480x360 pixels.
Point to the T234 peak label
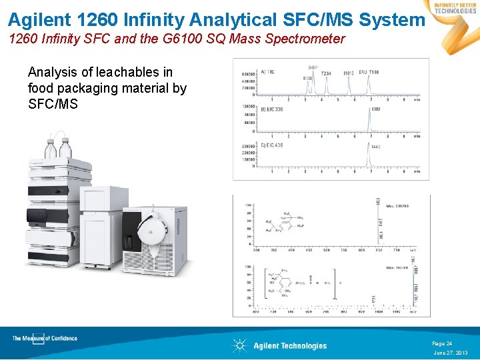[x=326, y=73]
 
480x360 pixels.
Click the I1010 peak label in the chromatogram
[x=348, y=73]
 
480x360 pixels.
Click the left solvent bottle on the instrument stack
[x=51, y=147]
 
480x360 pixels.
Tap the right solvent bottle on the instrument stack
[x=65, y=149]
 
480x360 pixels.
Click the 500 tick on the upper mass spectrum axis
[x=326, y=251]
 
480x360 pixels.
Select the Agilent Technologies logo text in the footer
[x=290, y=345]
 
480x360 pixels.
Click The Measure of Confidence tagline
[x=45, y=339]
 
